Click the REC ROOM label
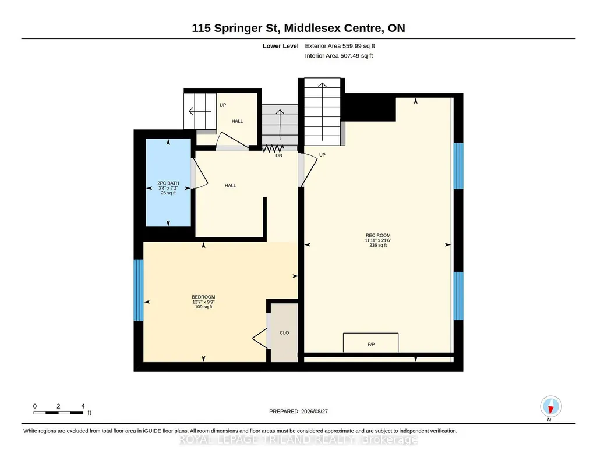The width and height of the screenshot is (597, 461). pyautogui.click(x=377, y=235)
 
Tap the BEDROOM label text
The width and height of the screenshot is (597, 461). pyautogui.click(x=203, y=297)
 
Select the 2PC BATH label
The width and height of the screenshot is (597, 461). pyautogui.click(x=168, y=183)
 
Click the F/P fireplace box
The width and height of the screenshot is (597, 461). pyautogui.click(x=371, y=343)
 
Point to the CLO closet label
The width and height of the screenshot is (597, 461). pyautogui.click(x=284, y=333)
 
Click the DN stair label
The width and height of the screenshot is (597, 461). pyautogui.click(x=279, y=155)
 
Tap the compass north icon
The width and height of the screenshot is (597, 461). pyautogui.click(x=550, y=407)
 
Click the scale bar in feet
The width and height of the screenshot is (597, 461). pyautogui.click(x=58, y=412)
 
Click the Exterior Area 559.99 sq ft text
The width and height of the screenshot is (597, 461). pyautogui.click(x=340, y=46)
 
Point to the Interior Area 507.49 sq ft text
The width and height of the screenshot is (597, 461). pyautogui.click(x=339, y=55)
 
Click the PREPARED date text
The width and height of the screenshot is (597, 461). pyautogui.click(x=298, y=411)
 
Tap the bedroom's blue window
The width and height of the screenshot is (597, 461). pyautogui.click(x=139, y=290)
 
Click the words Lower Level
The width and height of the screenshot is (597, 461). pyautogui.click(x=281, y=46)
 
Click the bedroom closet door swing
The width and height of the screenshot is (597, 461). pyautogui.click(x=260, y=338)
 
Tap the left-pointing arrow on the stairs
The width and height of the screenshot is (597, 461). pyautogui.click(x=200, y=111)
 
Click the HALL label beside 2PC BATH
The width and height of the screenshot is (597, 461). pyautogui.click(x=230, y=186)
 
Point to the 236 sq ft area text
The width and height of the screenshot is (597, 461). pyautogui.click(x=377, y=245)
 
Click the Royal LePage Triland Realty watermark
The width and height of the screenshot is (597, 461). pyautogui.click(x=298, y=439)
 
